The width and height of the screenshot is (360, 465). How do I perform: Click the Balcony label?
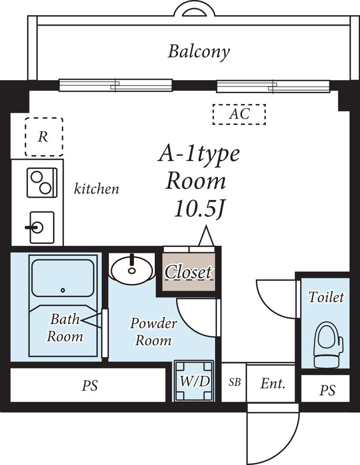pyautogui.click(x=199, y=52)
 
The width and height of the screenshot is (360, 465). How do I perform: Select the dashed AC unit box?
pyautogui.click(x=239, y=114)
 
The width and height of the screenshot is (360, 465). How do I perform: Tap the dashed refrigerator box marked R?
pyautogui.click(x=44, y=137)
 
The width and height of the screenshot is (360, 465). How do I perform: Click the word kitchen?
pyautogui.click(x=97, y=189)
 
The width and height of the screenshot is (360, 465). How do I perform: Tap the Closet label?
pyautogui.click(x=188, y=272)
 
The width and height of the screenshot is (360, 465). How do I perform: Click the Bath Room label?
pyautogui.click(x=65, y=327)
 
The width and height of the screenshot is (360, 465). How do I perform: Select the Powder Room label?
pyautogui.click(x=153, y=331)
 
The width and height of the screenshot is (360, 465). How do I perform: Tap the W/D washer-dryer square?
pyautogui.click(x=194, y=381)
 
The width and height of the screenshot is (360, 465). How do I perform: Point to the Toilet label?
pyautogui.click(x=326, y=298)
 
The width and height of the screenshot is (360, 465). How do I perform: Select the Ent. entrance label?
pyautogui.click(x=272, y=384)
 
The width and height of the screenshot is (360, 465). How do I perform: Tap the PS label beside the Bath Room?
pyautogui.click(x=90, y=385)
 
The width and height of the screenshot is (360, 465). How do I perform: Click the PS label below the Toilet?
pyautogui.click(x=327, y=391)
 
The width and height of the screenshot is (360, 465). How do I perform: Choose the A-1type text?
pyautogui.click(x=199, y=155)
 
